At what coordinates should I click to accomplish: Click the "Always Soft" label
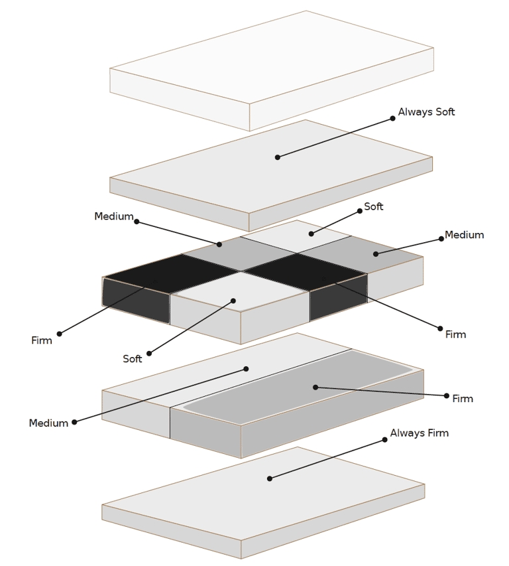click(x=426, y=112)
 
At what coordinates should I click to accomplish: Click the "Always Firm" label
click(x=419, y=433)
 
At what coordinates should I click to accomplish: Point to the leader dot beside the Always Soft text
click(x=392, y=118)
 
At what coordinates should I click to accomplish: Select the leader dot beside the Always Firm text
click(x=384, y=439)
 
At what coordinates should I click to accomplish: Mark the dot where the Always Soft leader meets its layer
click(x=278, y=157)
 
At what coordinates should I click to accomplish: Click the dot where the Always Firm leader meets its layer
click(x=269, y=478)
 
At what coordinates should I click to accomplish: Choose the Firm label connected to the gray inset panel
click(x=463, y=399)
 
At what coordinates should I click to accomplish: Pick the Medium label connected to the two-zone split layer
click(x=48, y=423)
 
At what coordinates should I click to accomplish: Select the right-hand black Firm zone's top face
click(x=305, y=271)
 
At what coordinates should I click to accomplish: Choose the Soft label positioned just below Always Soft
click(x=374, y=207)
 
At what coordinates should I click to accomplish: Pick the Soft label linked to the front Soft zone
click(x=133, y=359)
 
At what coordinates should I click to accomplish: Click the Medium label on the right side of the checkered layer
click(x=464, y=235)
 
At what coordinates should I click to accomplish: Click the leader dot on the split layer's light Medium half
click(x=246, y=369)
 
